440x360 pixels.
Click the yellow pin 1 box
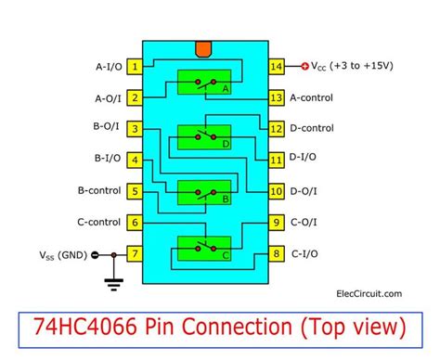(136, 66)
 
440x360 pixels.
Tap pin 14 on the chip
(276, 66)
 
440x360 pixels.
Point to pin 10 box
(276, 191)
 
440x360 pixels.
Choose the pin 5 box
(136, 191)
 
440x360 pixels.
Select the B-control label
(95, 191)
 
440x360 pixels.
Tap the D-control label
(324, 128)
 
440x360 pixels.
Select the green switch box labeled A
(205, 82)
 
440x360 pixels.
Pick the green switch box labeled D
(205, 136)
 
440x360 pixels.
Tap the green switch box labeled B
(205, 192)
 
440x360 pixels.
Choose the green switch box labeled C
(205, 248)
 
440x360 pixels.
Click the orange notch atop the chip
(205, 47)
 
